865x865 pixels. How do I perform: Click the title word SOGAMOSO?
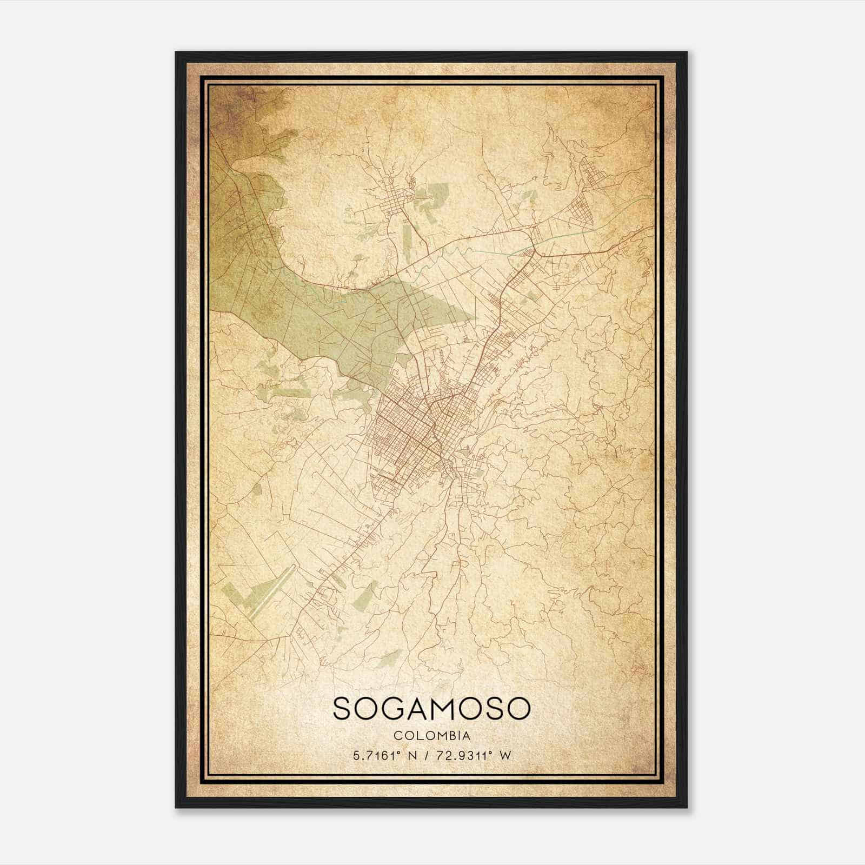(432, 709)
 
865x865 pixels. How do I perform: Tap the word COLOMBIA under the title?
(432, 736)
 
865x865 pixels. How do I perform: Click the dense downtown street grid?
(411, 432)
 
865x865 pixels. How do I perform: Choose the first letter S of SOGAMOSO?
(343, 709)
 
